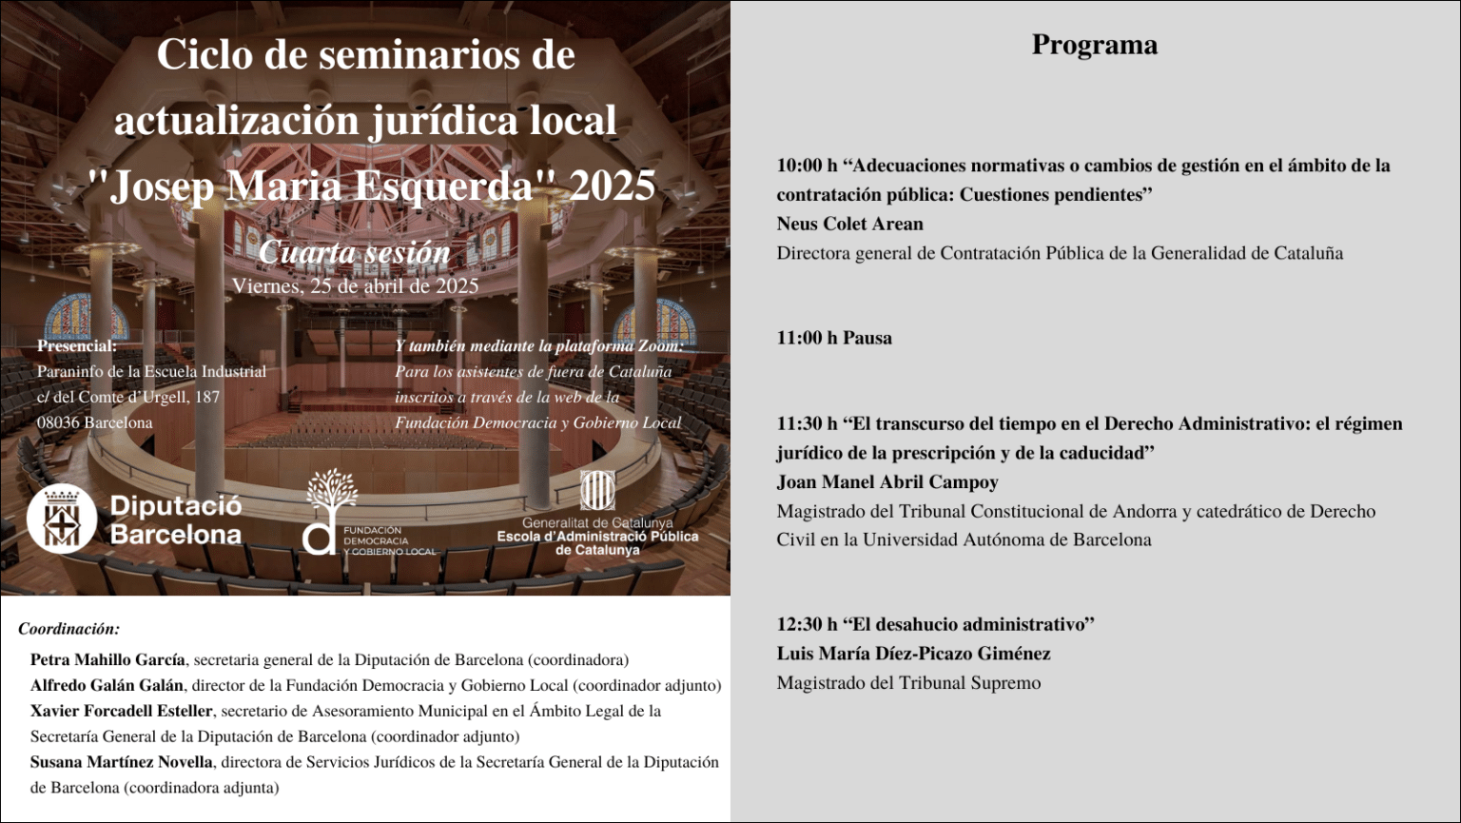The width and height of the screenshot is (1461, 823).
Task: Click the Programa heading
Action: [x=1094, y=46]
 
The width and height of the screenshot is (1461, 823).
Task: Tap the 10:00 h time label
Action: [x=807, y=166]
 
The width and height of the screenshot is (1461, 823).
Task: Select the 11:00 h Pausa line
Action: [x=834, y=338]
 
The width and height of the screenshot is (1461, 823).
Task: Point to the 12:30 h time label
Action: [x=807, y=625]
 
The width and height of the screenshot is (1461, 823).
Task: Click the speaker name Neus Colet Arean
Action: [x=849, y=225]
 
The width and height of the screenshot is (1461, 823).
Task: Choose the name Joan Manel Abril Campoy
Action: [x=887, y=482]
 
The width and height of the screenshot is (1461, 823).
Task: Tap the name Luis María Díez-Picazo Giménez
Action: [x=913, y=654]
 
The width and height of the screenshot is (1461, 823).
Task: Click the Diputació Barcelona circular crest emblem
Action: [x=62, y=519]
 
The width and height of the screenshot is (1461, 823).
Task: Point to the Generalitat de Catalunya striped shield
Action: [x=597, y=491]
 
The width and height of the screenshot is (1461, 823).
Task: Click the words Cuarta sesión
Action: [x=354, y=252]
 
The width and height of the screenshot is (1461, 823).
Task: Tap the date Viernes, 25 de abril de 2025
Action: [x=355, y=285]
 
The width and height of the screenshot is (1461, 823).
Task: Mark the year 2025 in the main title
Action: [x=613, y=186]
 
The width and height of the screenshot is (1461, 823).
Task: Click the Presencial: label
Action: [x=76, y=346]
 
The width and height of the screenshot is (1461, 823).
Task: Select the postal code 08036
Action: [x=58, y=422]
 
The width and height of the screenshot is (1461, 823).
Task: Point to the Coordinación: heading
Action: [x=68, y=629]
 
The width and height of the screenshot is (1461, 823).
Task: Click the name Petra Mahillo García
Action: [x=107, y=660]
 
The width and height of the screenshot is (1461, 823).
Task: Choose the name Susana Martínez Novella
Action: [x=121, y=762]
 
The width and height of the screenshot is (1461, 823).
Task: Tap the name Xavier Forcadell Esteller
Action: [x=121, y=711]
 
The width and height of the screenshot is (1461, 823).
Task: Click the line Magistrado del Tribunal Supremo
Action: [x=908, y=683]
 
